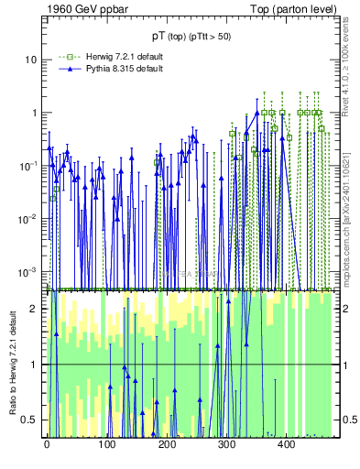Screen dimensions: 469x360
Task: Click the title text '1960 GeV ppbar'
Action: point(80,10)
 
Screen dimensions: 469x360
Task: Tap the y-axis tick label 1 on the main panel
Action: point(33,113)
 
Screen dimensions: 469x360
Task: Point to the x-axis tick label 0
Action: point(47,445)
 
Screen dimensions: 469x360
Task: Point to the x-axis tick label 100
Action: point(106,445)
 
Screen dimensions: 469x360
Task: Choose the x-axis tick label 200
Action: point(166,445)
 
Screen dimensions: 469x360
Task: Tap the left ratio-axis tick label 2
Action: point(34,309)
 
